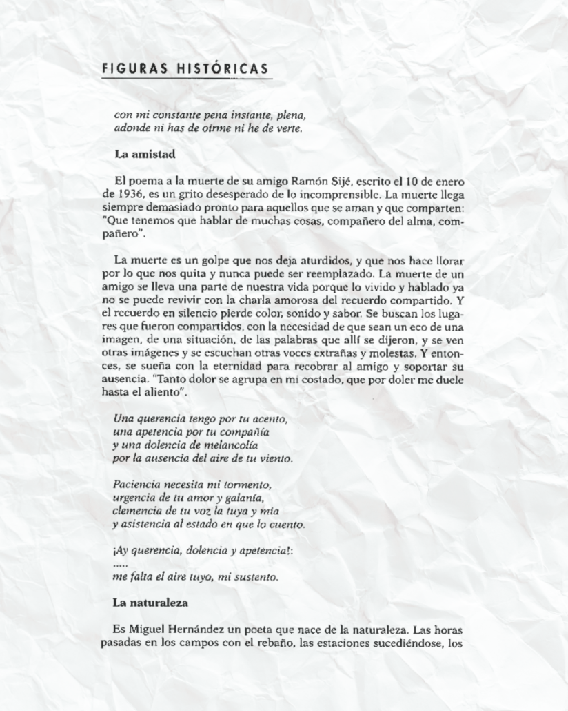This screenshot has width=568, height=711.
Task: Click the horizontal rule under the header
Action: [x=186, y=79]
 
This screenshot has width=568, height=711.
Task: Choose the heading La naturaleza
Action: [x=150, y=603]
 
